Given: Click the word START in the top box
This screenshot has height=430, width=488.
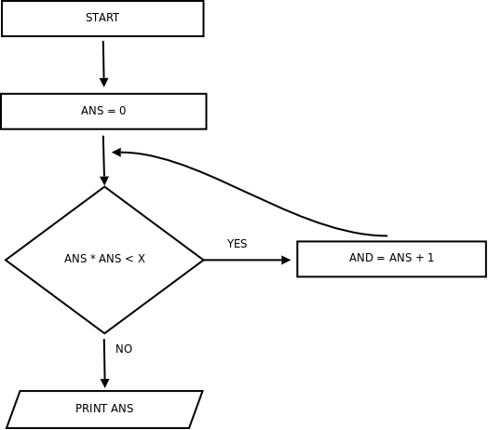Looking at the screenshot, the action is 102,18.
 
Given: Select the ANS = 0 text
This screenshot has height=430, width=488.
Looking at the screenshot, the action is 103,111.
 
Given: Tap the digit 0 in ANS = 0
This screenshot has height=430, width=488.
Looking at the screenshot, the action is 123,111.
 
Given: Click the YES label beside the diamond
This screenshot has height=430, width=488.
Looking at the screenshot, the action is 237,244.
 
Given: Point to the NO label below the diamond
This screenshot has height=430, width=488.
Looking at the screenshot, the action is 124,349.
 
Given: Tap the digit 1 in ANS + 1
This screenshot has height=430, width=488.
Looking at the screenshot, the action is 431,258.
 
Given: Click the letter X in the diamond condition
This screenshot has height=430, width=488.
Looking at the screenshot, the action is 142,259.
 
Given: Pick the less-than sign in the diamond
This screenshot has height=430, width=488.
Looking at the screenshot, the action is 129,259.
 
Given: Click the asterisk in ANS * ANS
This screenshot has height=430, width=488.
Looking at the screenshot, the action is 93,257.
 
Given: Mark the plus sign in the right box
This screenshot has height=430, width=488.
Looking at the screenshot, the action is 420,258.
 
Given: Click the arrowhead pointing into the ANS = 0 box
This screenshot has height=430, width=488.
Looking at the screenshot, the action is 104,83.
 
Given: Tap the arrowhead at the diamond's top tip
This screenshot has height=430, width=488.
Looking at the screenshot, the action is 104,181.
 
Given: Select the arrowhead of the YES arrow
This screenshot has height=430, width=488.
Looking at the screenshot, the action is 286,260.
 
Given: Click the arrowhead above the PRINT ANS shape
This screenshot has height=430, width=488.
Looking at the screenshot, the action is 105,383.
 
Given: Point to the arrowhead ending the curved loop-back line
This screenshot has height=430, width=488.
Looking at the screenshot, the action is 116,152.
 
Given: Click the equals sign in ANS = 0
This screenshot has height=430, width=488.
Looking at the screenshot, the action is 111,111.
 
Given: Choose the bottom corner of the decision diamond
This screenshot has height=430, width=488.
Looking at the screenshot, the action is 104,333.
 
